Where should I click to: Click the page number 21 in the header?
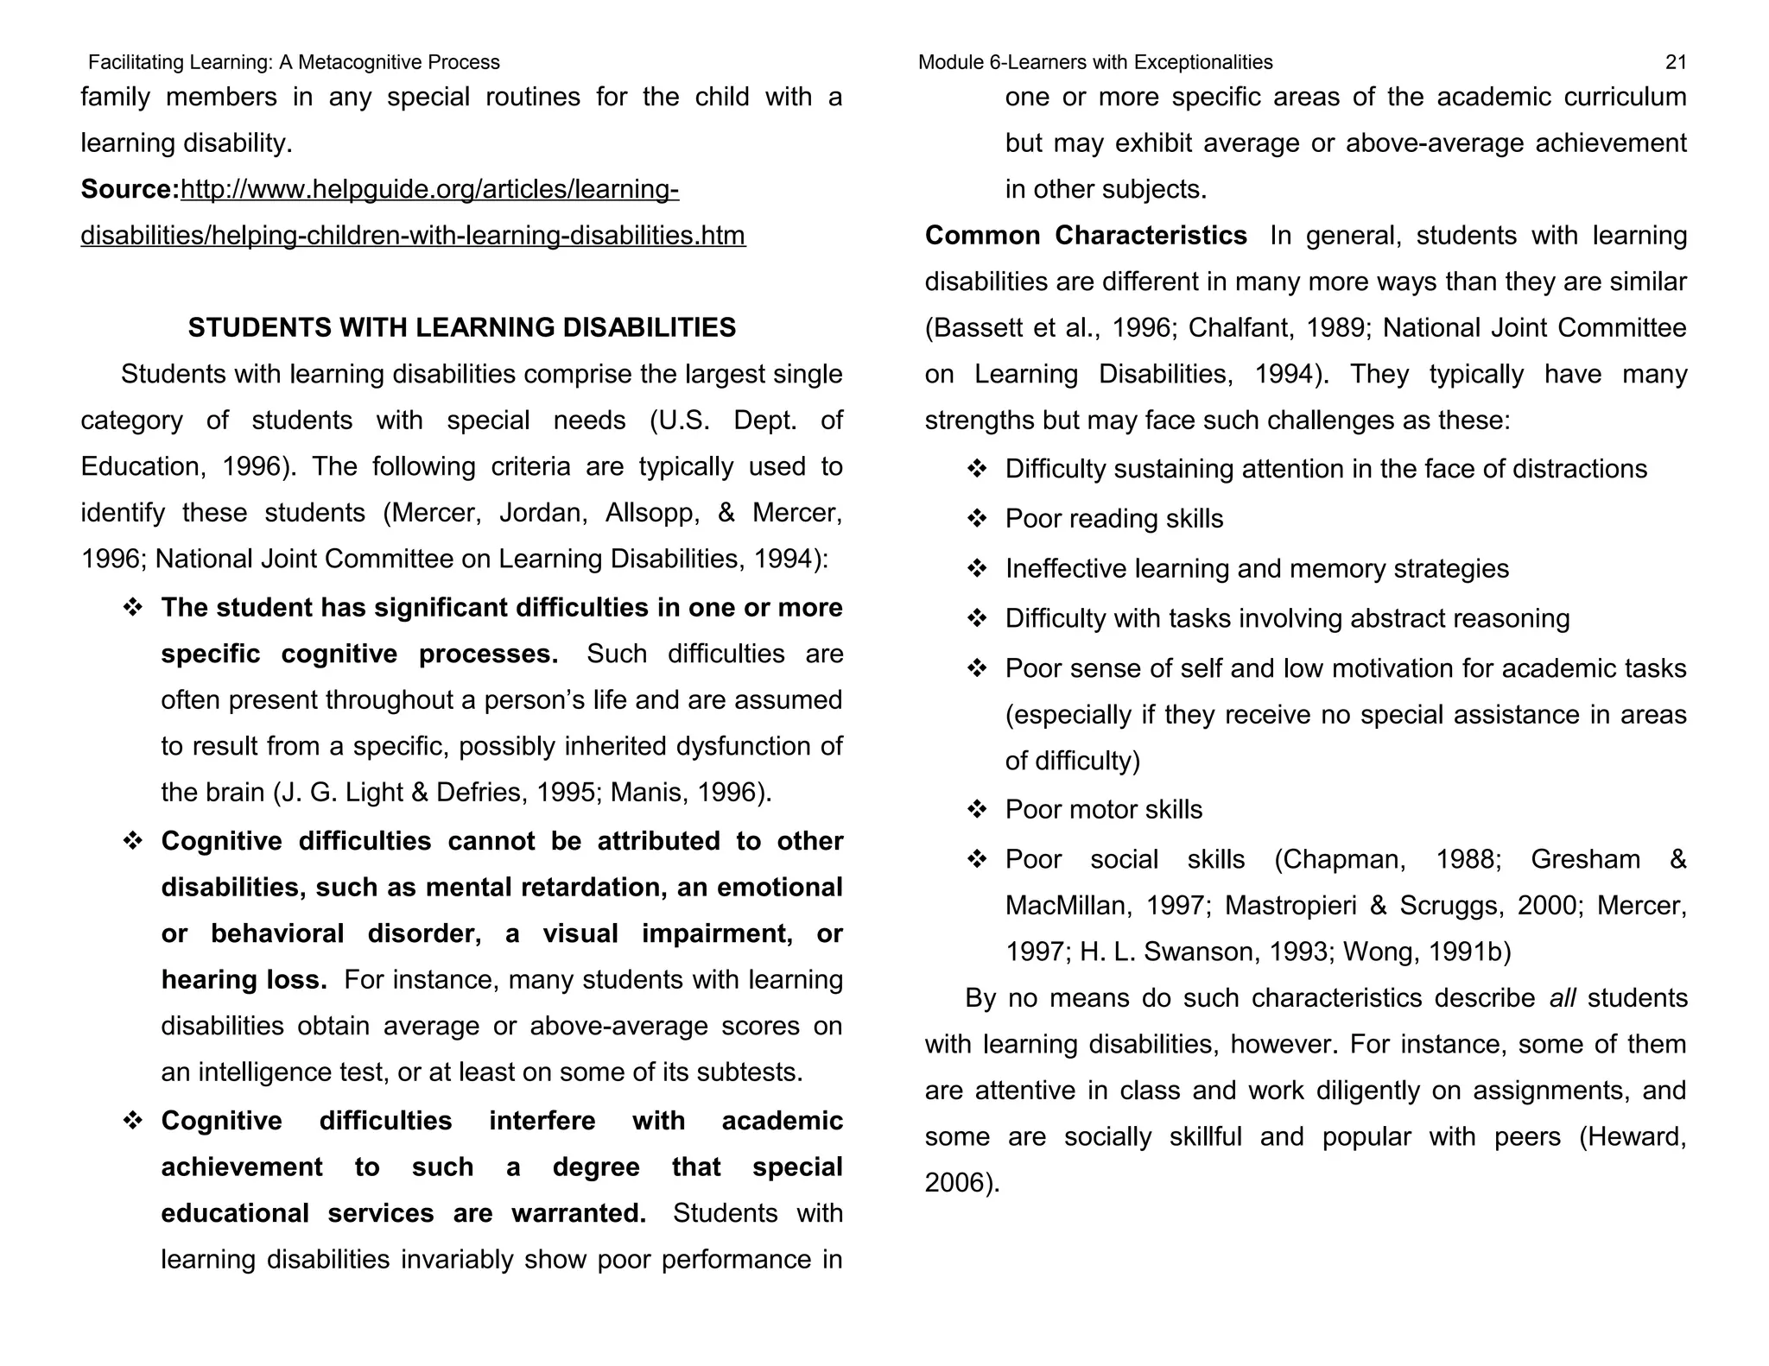pyautogui.click(x=1675, y=62)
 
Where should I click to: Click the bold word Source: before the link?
pyautogui.click(x=130, y=189)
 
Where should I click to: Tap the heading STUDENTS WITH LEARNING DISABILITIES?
pyautogui.click(x=461, y=327)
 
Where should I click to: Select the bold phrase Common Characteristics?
pyautogui.click(x=1085, y=236)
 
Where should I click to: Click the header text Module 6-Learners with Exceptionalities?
pyautogui.click(x=1094, y=62)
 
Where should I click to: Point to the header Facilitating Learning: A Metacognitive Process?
pyautogui.click(x=294, y=62)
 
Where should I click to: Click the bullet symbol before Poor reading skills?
pyautogui.click(x=976, y=519)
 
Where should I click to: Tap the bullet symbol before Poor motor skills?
pyautogui.click(x=976, y=810)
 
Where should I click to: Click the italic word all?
pyautogui.click(x=1562, y=998)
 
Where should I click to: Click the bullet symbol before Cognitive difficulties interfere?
pyautogui.click(x=132, y=1122)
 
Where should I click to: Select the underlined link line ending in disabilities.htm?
pyautogui.click(x=413, y=236)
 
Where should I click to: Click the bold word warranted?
pyautogui.click(x=578, y=1213)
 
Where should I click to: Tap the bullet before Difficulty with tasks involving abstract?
pyautogui.click(x=976, y=619)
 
